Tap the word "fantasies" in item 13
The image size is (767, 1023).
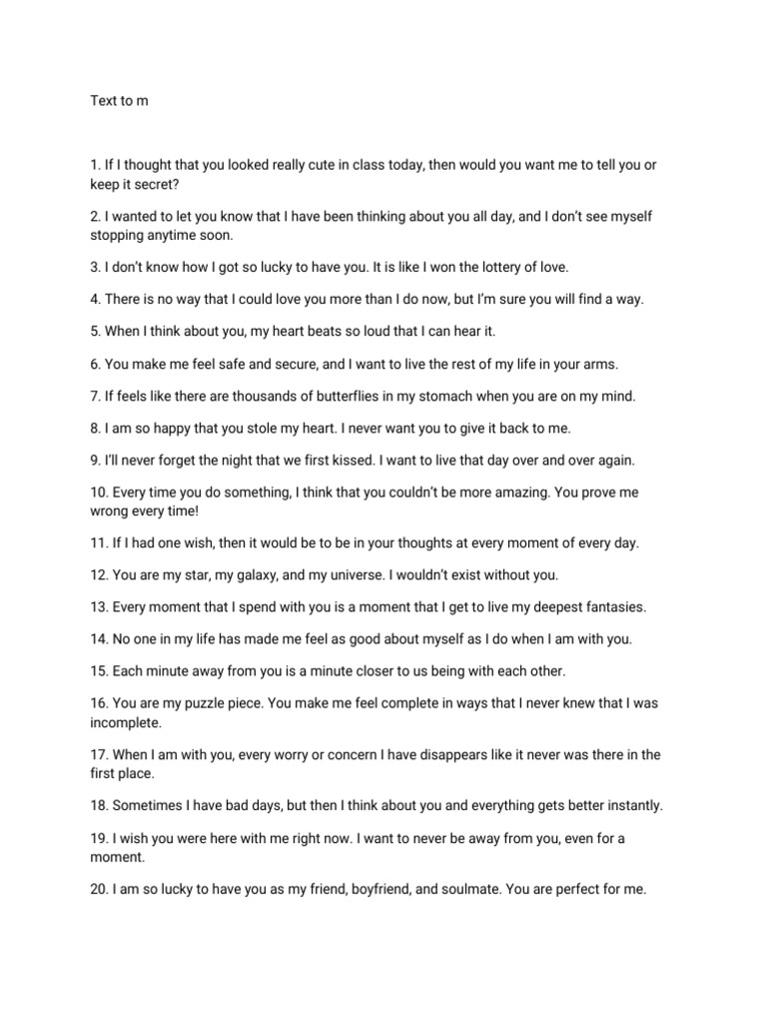613,606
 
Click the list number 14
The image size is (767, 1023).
99,638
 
